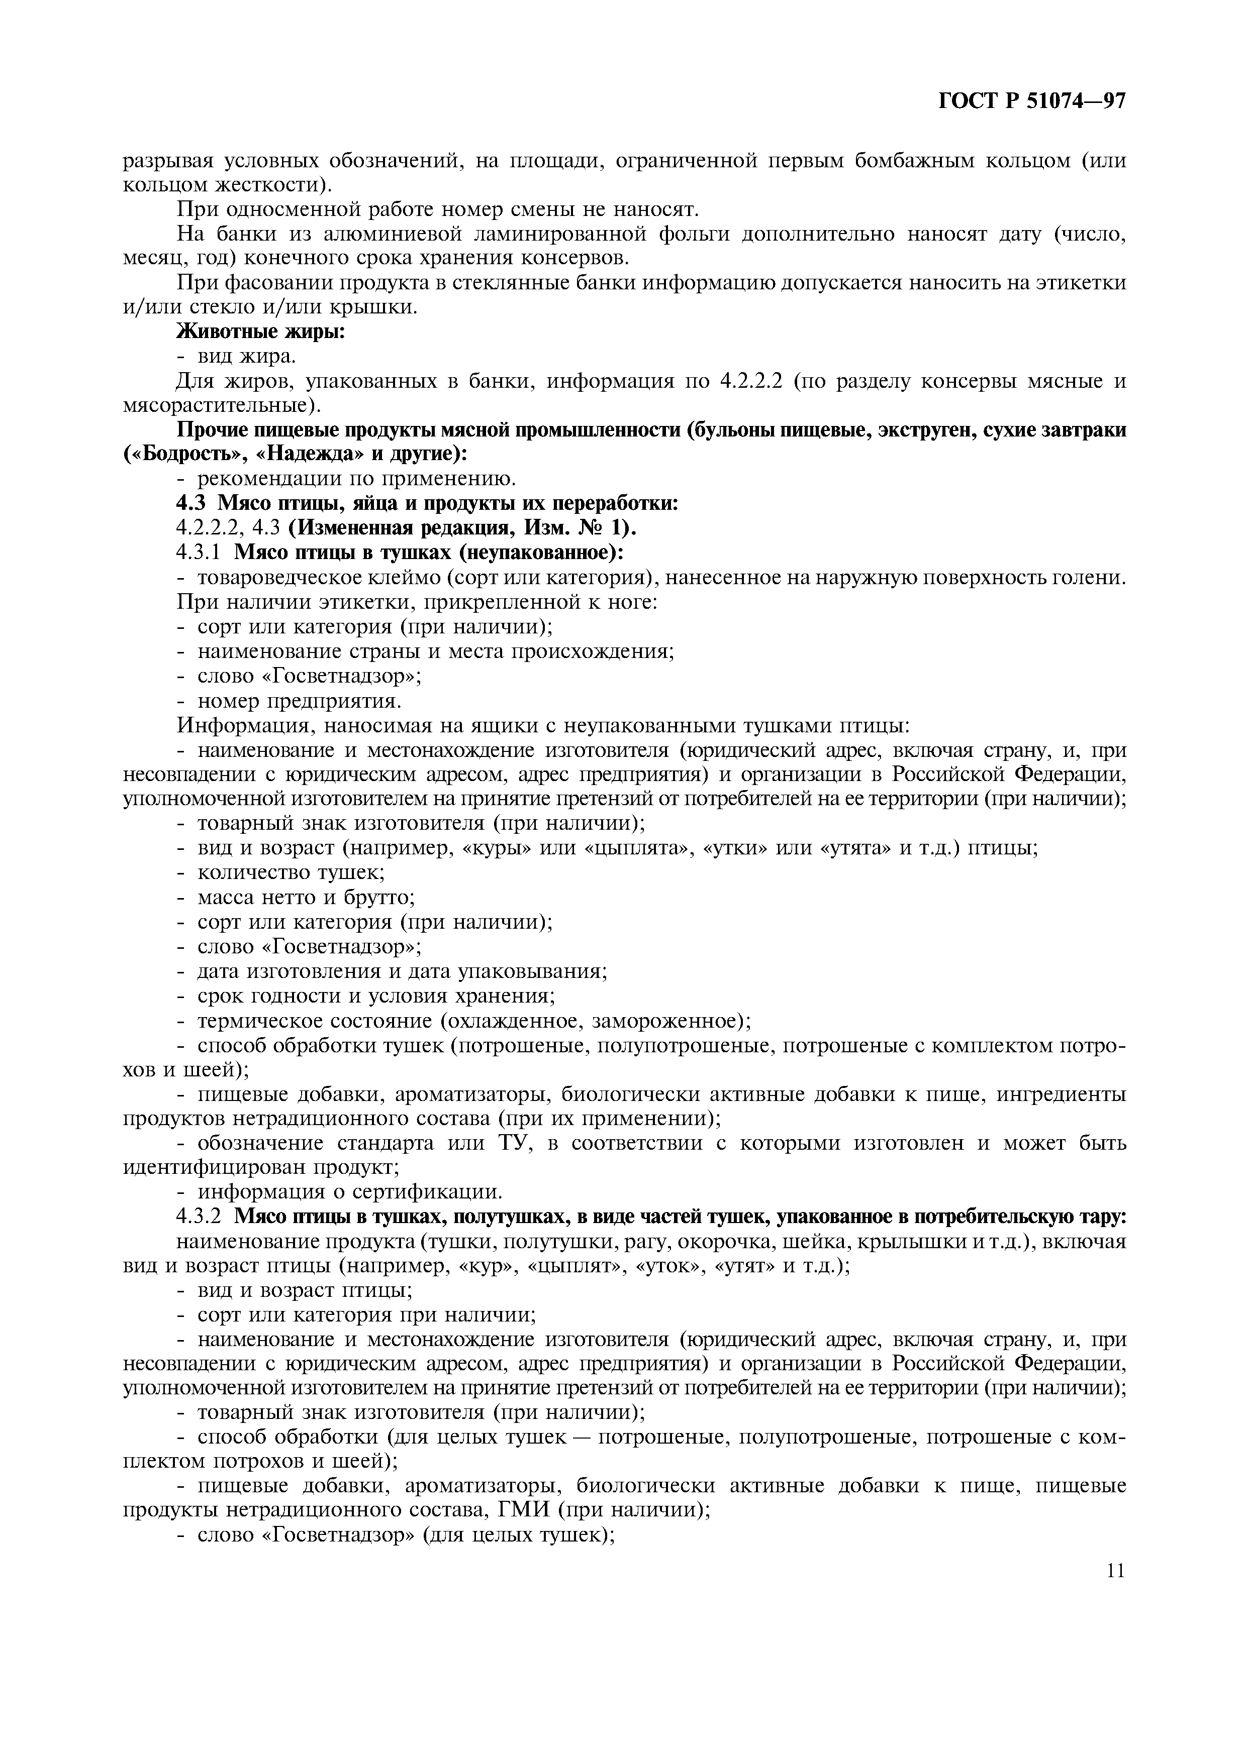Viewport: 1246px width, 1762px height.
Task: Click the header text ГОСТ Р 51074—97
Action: pyautogui.click(x=1032, y=100)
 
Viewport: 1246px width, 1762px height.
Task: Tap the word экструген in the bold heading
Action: pyautogui.click(x=849, y=430)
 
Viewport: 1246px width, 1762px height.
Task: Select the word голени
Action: pyautogui.click(x=1094, y=577)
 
